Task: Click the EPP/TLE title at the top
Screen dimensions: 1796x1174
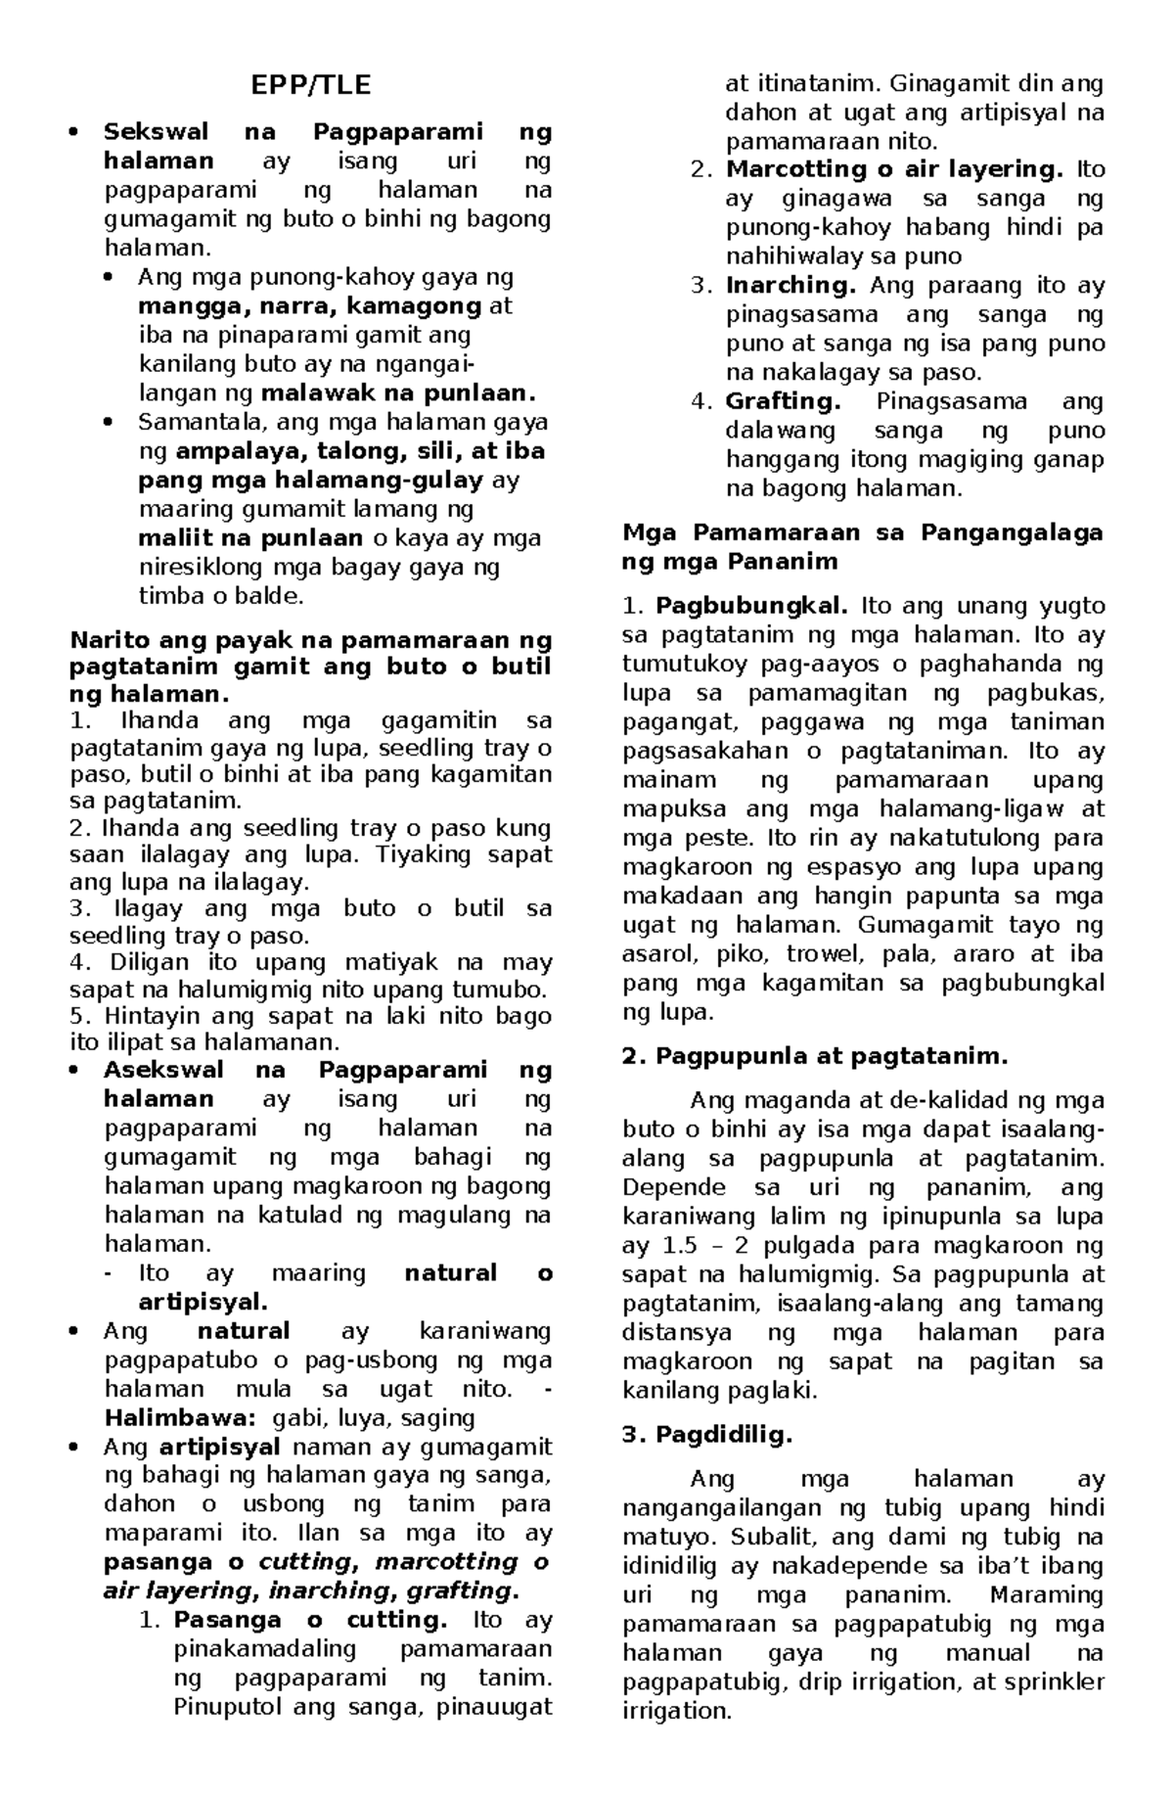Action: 311,85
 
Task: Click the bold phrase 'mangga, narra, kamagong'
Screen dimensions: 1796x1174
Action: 310,306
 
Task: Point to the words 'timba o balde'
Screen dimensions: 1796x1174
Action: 220,596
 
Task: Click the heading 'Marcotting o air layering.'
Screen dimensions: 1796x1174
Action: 894,169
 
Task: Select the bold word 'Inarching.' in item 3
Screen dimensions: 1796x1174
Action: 790,286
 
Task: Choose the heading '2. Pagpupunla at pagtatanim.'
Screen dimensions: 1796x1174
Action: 815,1056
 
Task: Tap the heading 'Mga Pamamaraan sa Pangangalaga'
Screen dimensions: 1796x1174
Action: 862,532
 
